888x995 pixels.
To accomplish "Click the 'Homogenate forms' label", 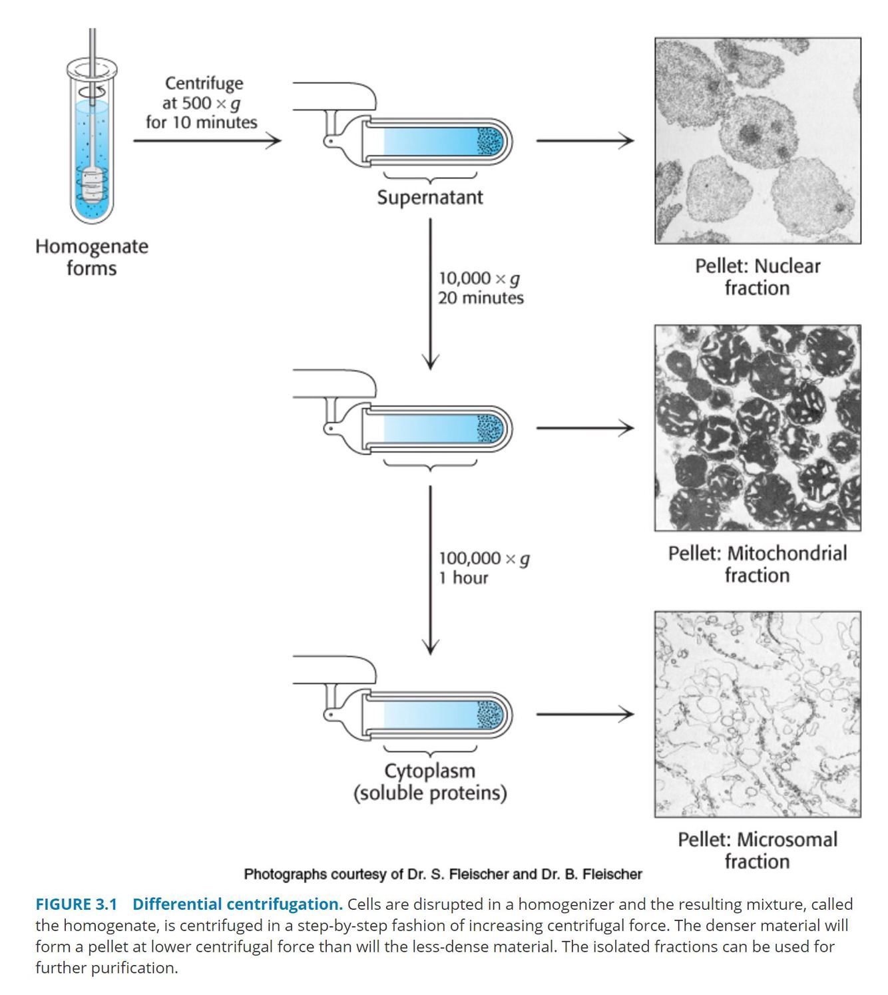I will [x=92, y=257].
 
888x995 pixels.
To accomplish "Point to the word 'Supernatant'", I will [x=430, y=198].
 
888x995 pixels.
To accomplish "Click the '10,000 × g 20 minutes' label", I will [x=481, y=288].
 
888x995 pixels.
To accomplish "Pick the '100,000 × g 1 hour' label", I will [x=483, y=568].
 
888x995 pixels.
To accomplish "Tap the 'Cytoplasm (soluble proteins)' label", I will [x=430, y=782].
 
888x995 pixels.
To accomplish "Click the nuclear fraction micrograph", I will [x=758, y=140].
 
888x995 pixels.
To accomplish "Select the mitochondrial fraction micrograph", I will [x=758, y=428].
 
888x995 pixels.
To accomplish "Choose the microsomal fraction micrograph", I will [x=758, y=714].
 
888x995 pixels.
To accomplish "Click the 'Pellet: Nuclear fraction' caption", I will [x=758, y=277].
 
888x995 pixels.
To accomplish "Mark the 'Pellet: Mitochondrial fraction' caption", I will [x=758, y=564].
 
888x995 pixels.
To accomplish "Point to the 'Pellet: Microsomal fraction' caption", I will [x=758, y=851].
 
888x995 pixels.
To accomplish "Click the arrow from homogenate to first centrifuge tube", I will [x=207, y=140].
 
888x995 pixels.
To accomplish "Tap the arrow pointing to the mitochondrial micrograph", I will [x=584, y=428].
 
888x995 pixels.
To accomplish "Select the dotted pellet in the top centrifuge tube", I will [x=491, y=140].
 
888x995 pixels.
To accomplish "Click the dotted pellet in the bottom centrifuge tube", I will [x=491, y=714].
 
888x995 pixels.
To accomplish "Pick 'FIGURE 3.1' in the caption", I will [x=76, y=904].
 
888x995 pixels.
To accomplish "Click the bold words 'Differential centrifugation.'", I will [x=238, y=904].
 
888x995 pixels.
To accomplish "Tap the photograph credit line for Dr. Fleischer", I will [x=443, y=874].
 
